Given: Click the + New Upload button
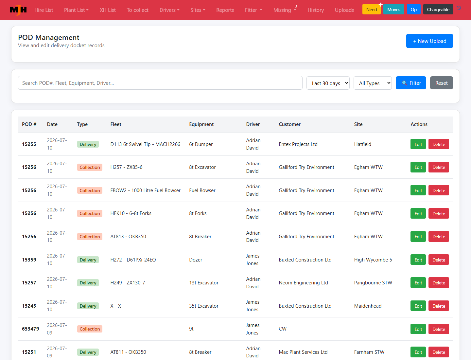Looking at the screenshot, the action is tap(429, 41).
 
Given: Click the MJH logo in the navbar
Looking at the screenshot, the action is tap(18, 10).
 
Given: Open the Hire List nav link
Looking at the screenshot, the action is tap(44, 10).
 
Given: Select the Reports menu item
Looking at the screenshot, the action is tap(225, 10).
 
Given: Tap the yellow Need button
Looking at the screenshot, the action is tap(372, 9).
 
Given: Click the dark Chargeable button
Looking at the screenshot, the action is tap(438, 9).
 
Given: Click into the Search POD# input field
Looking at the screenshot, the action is tap(160, 83).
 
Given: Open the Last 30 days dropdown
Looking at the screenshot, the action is tap(328, 83).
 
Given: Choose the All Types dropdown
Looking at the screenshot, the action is tap(373, 83).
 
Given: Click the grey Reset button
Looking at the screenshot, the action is tap(441, 83).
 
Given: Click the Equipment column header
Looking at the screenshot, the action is tap(201, 124).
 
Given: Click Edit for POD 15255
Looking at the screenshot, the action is tap(418, 144).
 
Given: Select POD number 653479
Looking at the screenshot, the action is tap(30, 329).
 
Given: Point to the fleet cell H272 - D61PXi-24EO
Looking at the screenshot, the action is tap(133, 260).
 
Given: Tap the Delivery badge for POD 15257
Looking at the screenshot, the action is tap(88, 283).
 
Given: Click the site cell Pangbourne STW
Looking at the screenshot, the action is tap(373, 283).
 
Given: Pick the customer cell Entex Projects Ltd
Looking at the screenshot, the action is tap(298, 144).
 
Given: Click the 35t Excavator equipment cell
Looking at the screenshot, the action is tap(204, 306).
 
